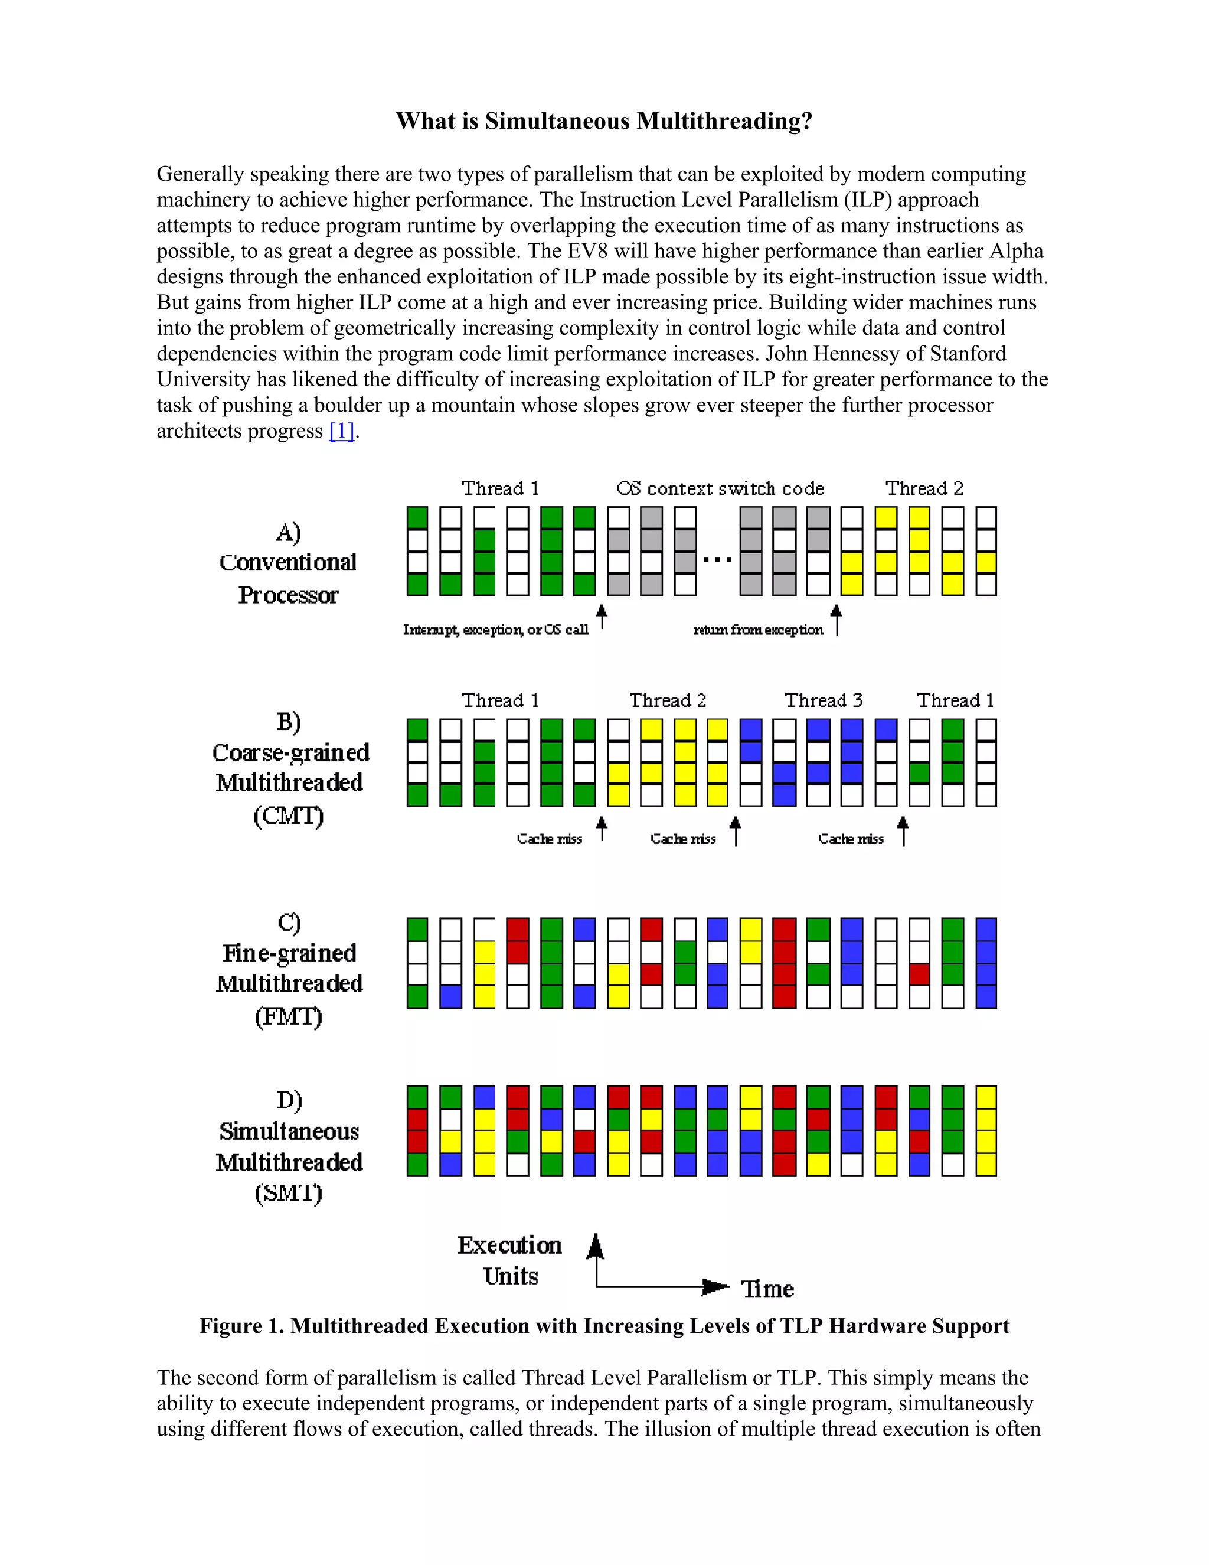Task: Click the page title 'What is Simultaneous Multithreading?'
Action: (x=604, y=120)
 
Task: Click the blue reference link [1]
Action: (x=342, y=431)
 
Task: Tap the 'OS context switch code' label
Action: (x=720, y=489)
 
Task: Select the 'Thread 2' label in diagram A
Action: (x=924, y=489)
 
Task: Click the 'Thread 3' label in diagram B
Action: (x=823, y=700)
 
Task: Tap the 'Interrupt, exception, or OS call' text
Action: (x=496, y=630)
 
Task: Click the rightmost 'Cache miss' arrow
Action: (x=903, y=832)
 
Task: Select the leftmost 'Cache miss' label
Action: (x=550, y=839)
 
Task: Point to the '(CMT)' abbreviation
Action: (x=289, y=816)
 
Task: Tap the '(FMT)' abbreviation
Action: (x=289, y=1016)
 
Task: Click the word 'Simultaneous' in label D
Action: (x=289, y=1132)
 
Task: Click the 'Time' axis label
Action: (x=767, y=1289)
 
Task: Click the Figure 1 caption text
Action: (x=604, y=1326)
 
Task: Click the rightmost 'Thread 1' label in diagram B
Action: (x=956, y=700)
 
